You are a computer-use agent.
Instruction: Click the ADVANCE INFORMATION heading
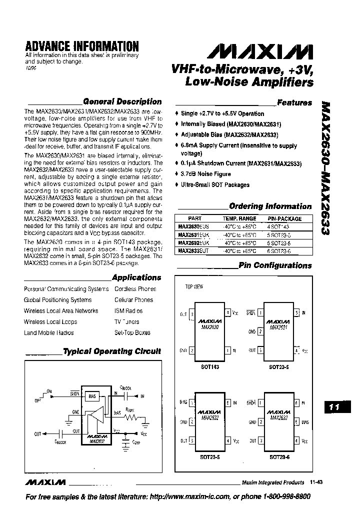(81, 46)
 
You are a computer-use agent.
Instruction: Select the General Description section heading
(122, 101)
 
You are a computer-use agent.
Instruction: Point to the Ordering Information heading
(270, 206)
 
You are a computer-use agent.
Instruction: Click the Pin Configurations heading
(275, 265)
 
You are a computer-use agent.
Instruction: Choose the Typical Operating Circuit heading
(112, 351)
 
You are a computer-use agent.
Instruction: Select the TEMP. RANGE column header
(239, 218)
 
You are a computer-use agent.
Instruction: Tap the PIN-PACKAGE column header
(284, 218)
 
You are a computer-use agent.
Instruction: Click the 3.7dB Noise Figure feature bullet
(205, 174)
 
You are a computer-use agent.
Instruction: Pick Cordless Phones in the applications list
(135, 289)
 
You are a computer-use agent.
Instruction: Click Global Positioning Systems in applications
(57, 300)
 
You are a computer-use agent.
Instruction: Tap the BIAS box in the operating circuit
(92, 396)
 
